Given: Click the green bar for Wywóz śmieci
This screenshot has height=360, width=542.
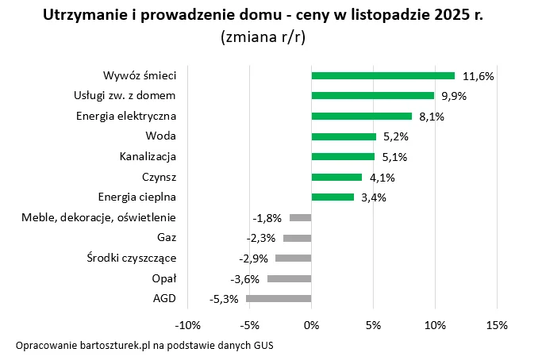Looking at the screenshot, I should point(382,75).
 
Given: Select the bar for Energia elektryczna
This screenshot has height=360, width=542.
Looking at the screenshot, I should point(361,116).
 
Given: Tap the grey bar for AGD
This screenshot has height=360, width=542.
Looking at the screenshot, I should point(279,298).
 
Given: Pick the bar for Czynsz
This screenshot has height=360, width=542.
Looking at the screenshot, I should point(336,177).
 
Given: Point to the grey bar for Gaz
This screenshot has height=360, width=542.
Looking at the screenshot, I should point(297,237).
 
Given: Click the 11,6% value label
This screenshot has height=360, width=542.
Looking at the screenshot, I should point(478,76).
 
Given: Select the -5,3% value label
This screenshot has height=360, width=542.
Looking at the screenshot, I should point(225,299).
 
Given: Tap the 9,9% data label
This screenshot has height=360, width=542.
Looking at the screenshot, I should point(453,96).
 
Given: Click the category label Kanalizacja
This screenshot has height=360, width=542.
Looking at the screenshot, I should point(148,156).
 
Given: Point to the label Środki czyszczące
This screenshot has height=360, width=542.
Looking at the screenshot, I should point(131,258).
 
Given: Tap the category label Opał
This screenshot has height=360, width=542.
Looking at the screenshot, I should point(163,278).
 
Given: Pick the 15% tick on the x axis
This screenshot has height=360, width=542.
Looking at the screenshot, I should point(496,325).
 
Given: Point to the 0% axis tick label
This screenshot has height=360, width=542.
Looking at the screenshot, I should point(311,325).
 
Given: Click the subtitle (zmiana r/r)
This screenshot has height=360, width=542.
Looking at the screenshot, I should point(266,36).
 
